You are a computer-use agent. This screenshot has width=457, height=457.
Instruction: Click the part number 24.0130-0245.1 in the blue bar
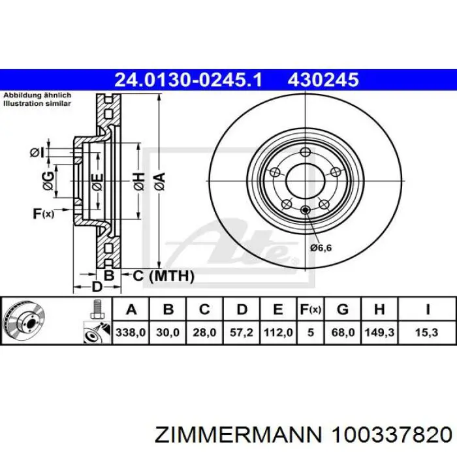[189, 80]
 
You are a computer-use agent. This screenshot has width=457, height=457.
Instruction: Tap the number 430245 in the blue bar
[323, 80]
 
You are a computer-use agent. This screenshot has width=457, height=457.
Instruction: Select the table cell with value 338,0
[131, 332]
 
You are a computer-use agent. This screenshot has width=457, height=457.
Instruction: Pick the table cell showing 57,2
[242, 332]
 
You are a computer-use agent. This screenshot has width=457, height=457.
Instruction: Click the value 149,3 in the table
[379, 332]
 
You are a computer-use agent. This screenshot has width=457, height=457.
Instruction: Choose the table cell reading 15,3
[427, 332]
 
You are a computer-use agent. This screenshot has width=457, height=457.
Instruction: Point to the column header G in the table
[343, 309]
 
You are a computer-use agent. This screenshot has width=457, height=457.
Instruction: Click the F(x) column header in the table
[311, 309]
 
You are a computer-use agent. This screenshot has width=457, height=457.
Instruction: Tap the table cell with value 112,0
[278, 332]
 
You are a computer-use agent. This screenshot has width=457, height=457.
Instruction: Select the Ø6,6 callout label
[321, 248]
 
